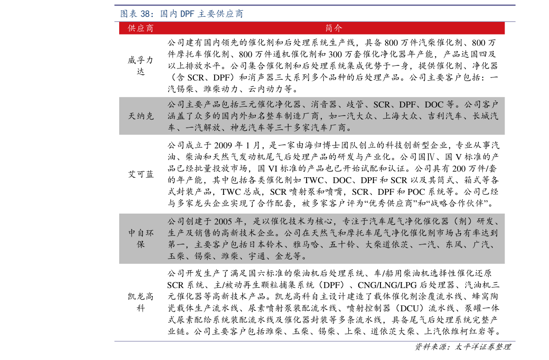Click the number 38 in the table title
pos(145,14)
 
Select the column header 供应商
pos(141,28)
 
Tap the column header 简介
pos(333,28)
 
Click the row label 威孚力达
pos(141,66)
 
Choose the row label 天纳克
pos(141,116)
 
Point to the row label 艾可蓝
pos(141,174)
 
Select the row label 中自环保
pos(141,239)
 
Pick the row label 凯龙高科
pos(141,302)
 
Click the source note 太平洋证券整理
pos(483,347)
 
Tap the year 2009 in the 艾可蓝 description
pos(223,146)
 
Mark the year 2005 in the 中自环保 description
pos(223,221)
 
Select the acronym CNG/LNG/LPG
pos(387,285)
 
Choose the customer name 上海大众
pos(400,116)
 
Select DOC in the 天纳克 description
pos(434,105)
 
